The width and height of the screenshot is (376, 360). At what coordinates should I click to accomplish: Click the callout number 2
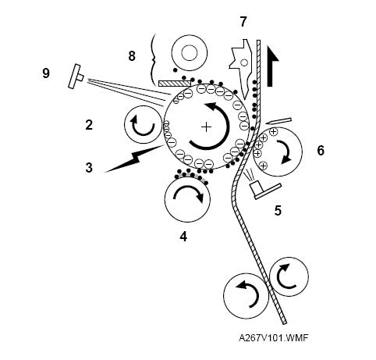click(x=89, y=125)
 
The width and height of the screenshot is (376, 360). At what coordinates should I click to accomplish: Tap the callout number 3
click(x=89, y=168)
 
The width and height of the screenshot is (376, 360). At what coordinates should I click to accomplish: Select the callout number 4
click(x=183, y=237)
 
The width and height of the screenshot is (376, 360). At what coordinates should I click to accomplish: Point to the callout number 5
click(x=278, y=211)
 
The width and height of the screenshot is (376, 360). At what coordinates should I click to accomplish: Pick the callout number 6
click(x=321, y=151)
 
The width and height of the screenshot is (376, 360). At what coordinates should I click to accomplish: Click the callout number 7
click(x=243, y=22)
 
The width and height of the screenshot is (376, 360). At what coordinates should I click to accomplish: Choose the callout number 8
click(x=132, y=56)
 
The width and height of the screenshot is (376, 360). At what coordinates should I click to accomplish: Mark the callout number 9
click(x=46, y=73)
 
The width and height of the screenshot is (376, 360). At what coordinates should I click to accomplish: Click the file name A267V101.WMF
click(x=273, y=338)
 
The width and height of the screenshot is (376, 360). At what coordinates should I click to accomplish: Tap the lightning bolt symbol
click(x=134, y=159)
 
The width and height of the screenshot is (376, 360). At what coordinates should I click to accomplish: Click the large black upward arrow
click(x=273, y=66)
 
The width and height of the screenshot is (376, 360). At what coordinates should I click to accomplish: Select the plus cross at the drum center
click(x=207, y=127)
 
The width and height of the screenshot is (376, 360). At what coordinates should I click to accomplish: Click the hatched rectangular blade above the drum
click(x=175, y=84)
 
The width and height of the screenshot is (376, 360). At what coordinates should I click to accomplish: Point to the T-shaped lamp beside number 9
click(x=76, y=76)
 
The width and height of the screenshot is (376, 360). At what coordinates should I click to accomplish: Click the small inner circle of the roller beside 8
click(x=190, y=53)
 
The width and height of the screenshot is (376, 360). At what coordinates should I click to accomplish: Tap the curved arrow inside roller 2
click(x=143, y=127)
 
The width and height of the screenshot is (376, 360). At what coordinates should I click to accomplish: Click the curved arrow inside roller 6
click(x=287, y=151)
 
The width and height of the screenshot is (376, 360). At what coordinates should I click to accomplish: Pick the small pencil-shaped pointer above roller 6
click(x=278, y=121)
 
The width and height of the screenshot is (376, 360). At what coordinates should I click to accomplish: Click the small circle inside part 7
click(x=244, y=62)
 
